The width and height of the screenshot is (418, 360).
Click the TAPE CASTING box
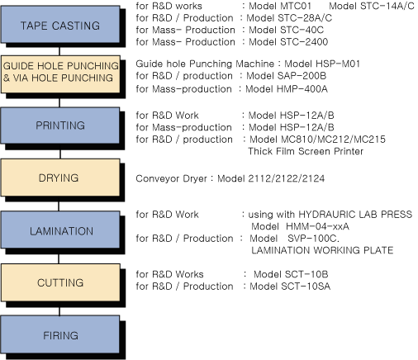[x=60, y=25]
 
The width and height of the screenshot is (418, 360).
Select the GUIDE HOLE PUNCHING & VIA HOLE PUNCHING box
[x=60, y=74]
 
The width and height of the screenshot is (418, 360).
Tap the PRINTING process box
[x=60, y=126]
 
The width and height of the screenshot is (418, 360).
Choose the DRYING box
[x=60, y=178]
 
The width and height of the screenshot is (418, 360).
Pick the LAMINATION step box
[x=60, y=230]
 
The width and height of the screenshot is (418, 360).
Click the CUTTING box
[x=60, y=282]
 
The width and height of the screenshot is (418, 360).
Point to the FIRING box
[x=60, y=334]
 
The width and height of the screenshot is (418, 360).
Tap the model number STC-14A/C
[x=387, y=6]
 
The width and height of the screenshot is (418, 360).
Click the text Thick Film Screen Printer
[x=306, y=151]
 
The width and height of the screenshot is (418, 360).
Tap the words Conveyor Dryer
[x=171, y=179]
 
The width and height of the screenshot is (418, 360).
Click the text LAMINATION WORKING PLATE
[x=322, y=250]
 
